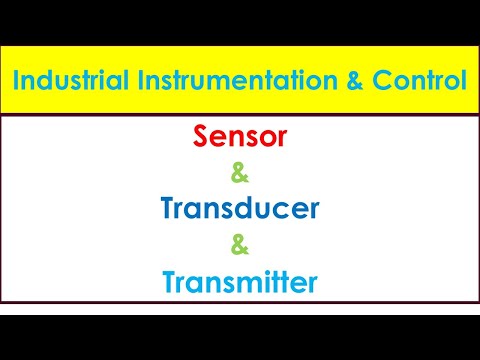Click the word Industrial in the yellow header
pyautogui.click(x=69, y=80)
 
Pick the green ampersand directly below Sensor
pyautogui.click(x=239, y=175)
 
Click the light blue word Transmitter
pyautogui.click(x=239, y=283)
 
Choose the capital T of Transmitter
pyautogui.click(x=167, y=283)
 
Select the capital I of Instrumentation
pyautogui.click(x=129, y=80)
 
